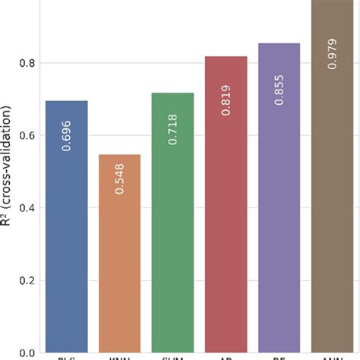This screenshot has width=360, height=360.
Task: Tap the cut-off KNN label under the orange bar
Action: point(119,357)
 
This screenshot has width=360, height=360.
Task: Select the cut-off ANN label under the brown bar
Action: point(332,357)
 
